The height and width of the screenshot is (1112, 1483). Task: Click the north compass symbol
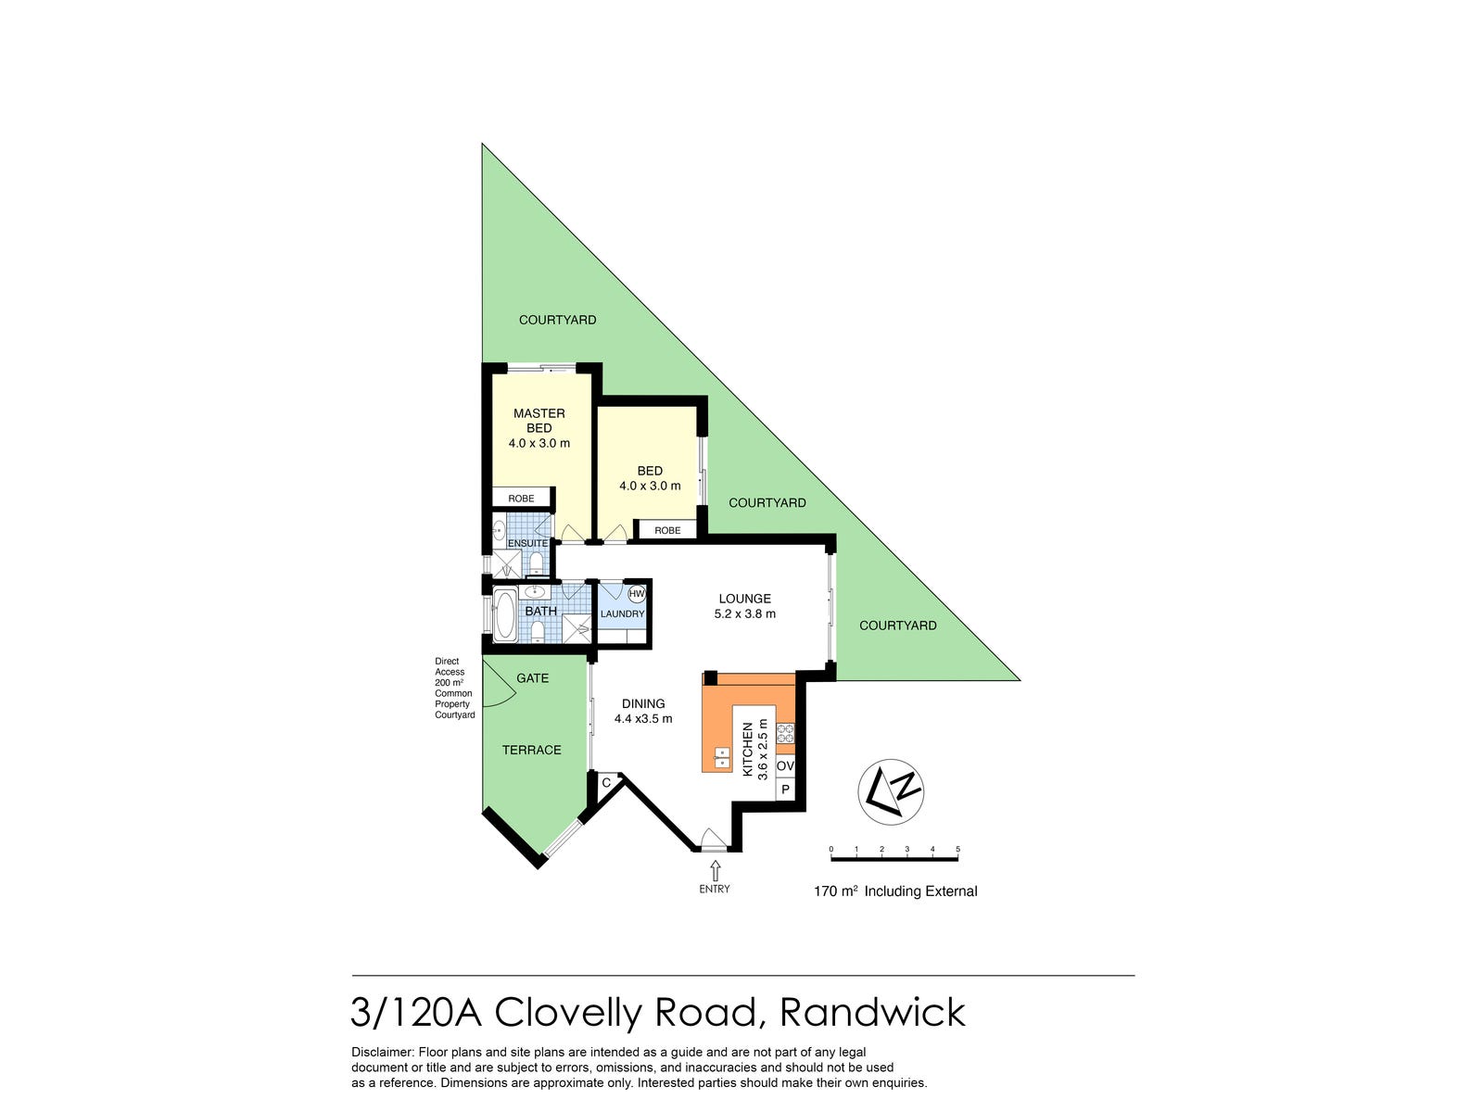890,791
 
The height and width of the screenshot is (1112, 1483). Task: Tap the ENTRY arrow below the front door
715,870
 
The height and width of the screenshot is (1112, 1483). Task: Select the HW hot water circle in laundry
636,594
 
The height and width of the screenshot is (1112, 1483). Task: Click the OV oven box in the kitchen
785,766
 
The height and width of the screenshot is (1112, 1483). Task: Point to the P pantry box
785,790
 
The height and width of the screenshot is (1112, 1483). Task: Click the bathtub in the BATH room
505,615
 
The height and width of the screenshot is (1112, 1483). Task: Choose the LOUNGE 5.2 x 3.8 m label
744,606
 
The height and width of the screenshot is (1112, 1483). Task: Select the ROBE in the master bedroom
521,499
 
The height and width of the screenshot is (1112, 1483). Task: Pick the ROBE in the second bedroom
667,530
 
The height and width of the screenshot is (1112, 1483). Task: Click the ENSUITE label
527,543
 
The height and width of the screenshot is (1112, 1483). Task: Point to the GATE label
532,678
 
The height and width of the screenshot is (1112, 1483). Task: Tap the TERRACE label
531,750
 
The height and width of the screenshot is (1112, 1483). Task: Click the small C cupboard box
606,783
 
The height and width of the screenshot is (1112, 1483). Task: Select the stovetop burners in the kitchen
785,732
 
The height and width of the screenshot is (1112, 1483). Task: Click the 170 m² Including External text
895,891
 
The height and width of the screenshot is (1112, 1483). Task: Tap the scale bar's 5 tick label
957,849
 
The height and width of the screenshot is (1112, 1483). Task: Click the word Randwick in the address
872,1012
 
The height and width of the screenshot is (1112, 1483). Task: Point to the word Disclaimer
382,1052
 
